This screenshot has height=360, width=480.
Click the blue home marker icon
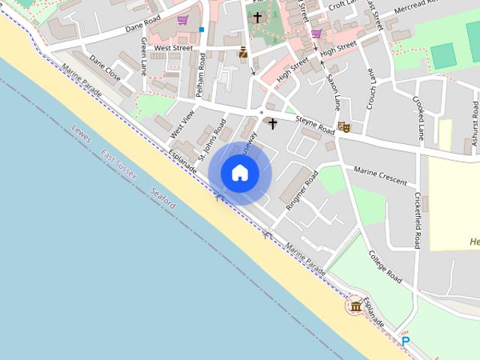pyautogui.click(x=239, y=173)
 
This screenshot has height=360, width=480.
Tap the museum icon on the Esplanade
pyautogui.click(x=355, y=306)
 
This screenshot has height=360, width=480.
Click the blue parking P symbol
pyautogui.click(x=406, y=341)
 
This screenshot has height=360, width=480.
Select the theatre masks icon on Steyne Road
pyautogui.click(x=343, y=127)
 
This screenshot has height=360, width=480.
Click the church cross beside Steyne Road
pyautogui.click(x=272, y=124)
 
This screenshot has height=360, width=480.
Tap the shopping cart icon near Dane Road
pyautogui.click(x=182, y=20)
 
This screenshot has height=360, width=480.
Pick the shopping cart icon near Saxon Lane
pyautogui.click(x=316, y=34)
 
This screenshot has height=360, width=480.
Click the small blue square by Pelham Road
pyautogui.click(x=201, y=30)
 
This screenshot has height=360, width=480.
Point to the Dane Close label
pyautogui.click(x=104, y=67)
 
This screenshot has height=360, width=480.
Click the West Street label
pyautogui.click(x=173, y=47)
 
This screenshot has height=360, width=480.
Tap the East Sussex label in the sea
pyautogui.click(x=119, y=164)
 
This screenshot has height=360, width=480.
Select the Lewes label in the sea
pyautogui.click(x=81, y=133)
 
